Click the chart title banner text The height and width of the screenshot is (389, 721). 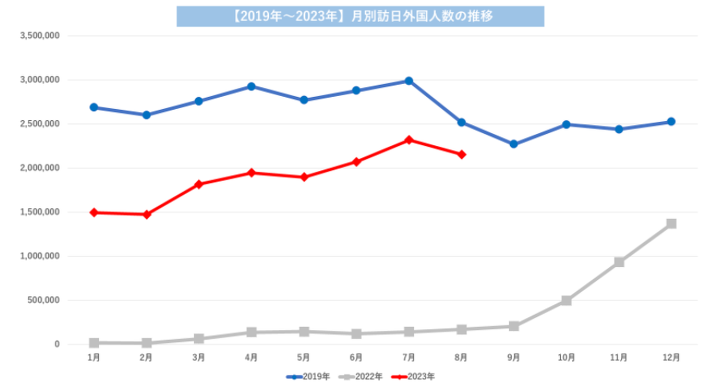tap(360, 16)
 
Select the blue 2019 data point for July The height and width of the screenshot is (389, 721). tap(409, 81)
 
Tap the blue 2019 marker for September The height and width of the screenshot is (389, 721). tap(514, 144)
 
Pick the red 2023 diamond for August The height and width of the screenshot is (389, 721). tap(461, 154)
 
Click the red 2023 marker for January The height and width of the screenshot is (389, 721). tap(94, 213)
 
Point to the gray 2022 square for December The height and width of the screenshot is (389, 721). tap(671, 224)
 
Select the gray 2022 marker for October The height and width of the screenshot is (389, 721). tap(566, 301)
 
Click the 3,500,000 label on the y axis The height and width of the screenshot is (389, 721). tap(40, 36)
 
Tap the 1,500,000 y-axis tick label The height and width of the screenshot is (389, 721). tap(40, 212)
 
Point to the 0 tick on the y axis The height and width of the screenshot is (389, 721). tap(57, 344)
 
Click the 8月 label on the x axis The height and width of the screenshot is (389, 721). tap(461, 357)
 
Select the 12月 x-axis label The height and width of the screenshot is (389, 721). tap(671, 357)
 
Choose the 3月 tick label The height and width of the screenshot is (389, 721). tap(199, 357)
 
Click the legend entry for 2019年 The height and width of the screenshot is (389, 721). tap(308, 376)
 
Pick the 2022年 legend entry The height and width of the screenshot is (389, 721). tap(362, 376)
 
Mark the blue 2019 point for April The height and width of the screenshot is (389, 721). tap(251, 86)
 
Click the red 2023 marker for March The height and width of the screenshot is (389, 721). tap(199, 184)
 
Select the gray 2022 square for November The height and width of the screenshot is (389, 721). tap(619, 262)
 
